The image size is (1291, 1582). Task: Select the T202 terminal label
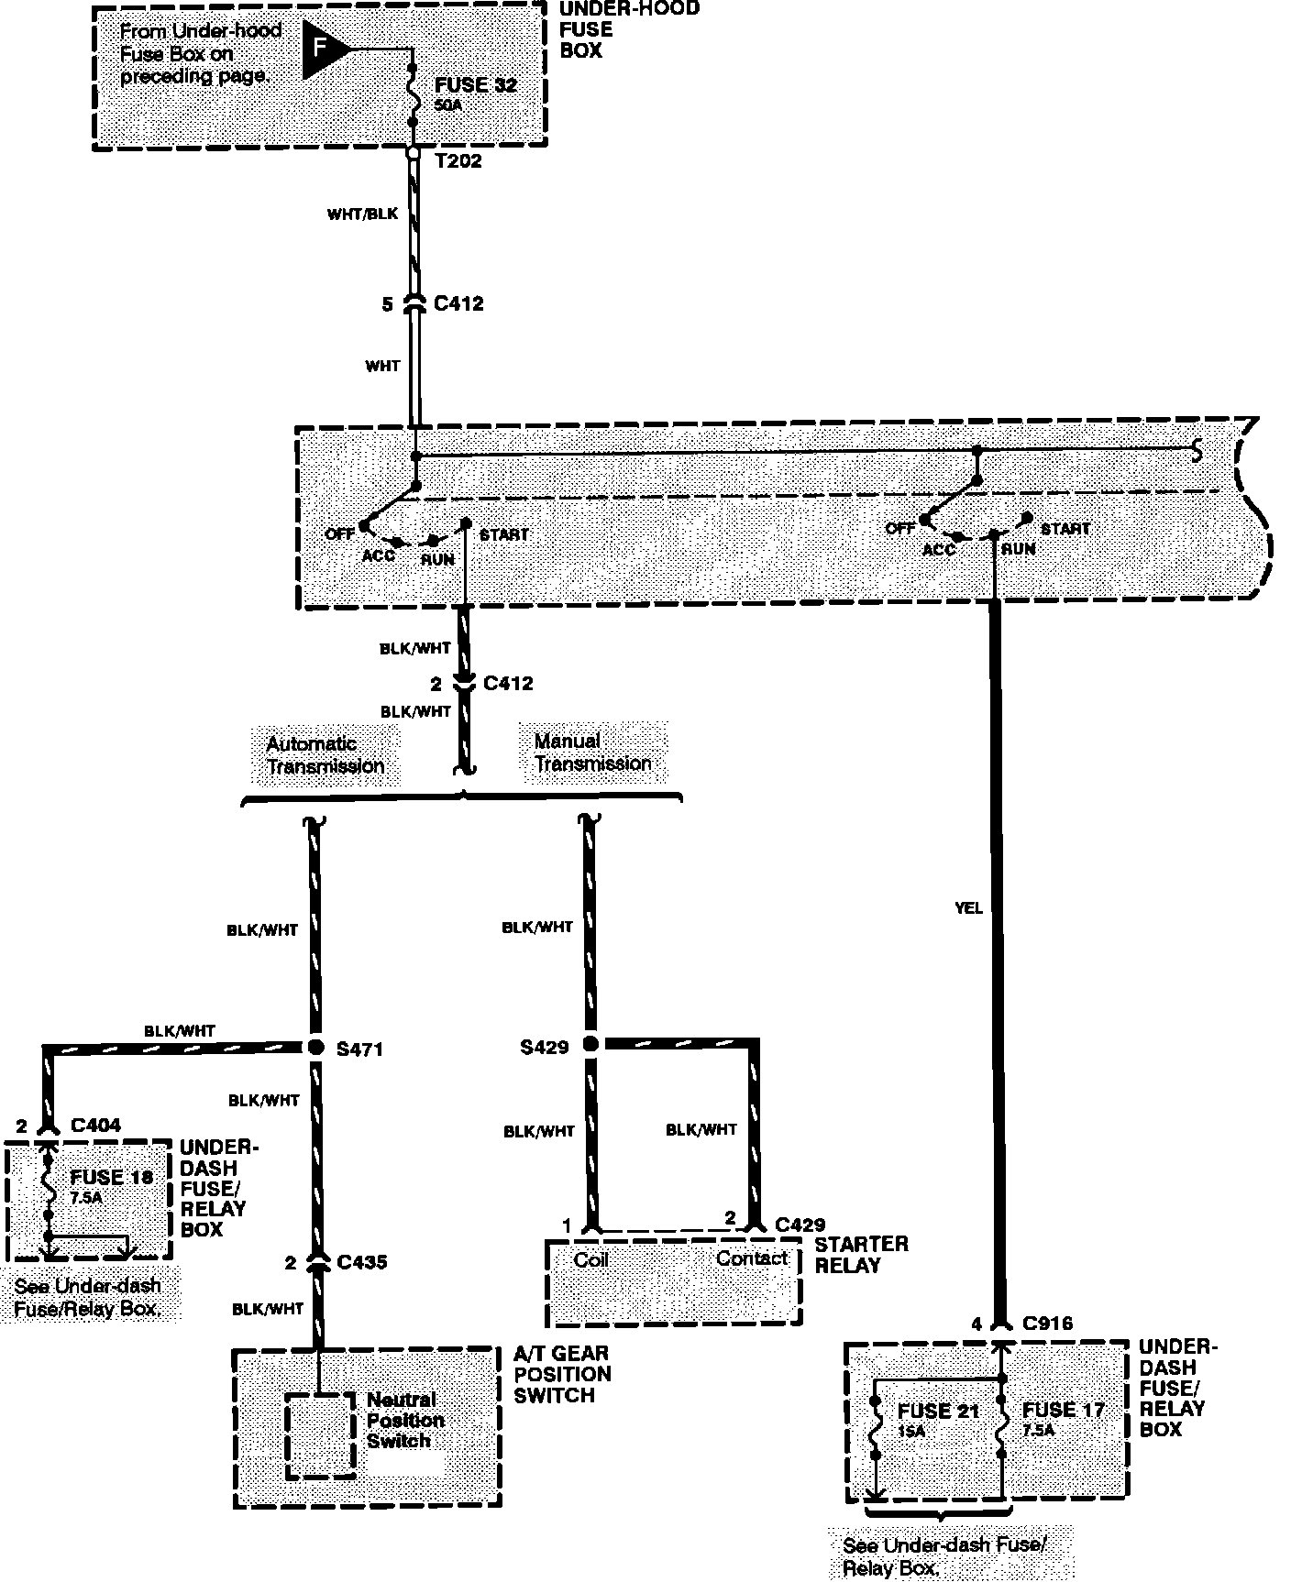(458, 161)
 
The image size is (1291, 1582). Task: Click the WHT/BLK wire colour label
(362, 214)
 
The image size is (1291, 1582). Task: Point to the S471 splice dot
(314, 1047)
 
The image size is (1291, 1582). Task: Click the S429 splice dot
(590, 1044)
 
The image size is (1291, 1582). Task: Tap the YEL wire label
(968, 907)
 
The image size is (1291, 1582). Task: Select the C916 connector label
(1046, 1324)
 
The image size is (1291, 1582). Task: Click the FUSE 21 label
(938, 1411)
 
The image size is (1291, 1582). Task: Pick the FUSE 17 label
(1064, 1410)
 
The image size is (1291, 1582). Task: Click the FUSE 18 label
(112, 1177)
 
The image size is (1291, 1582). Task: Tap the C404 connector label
(95, 1126)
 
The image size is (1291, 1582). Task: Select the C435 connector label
(362, 1262)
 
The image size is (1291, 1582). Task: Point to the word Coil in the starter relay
(591, 1260)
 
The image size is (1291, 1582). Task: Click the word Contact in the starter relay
(752, 1258)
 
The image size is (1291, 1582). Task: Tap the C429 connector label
(800, 1225)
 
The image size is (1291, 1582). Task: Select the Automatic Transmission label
(326, 755)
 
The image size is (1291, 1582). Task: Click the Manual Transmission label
(593, 753)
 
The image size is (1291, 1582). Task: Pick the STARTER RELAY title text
(861, 1255)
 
